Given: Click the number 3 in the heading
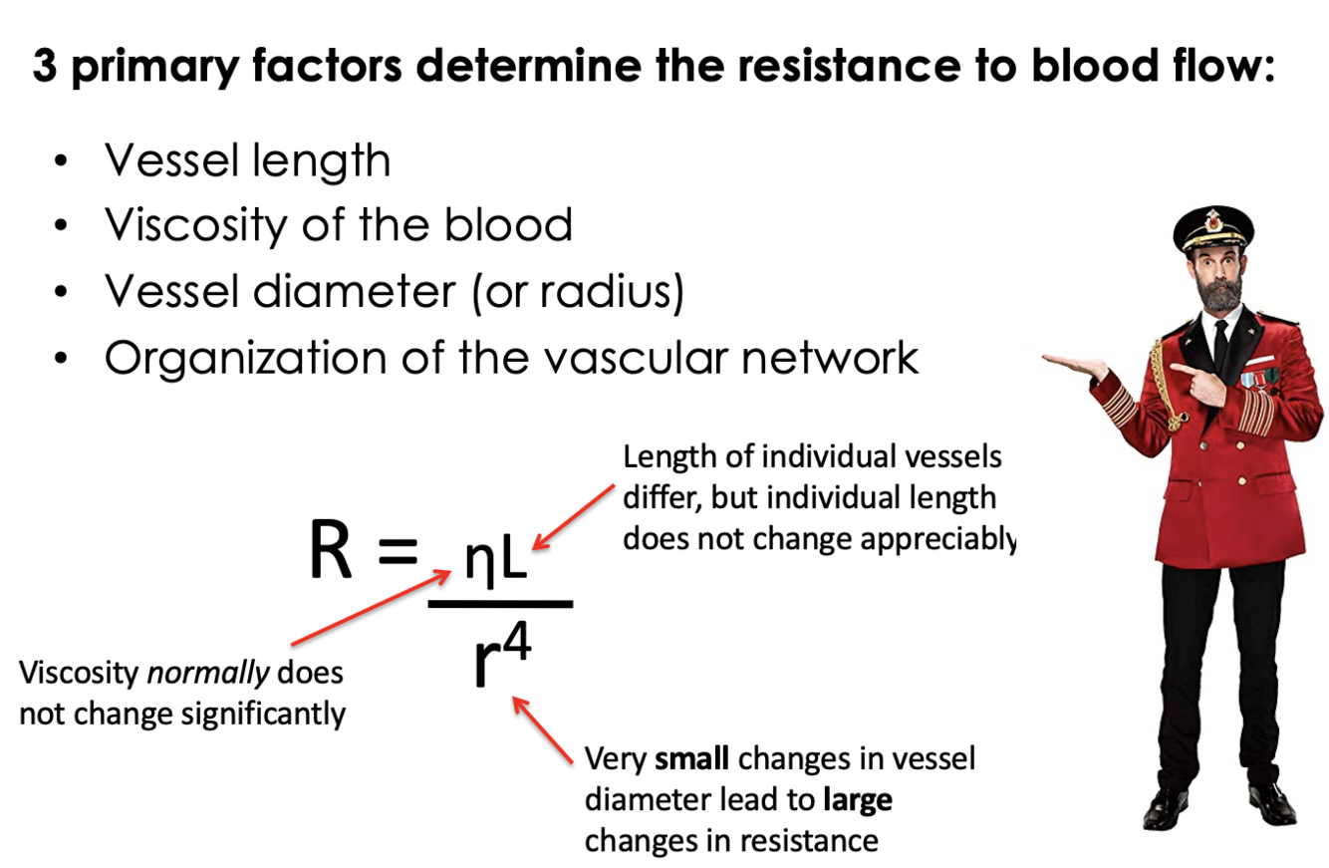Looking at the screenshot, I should click(44, 71).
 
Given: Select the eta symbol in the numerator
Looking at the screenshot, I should click(477, 565).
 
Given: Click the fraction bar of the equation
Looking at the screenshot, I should click(500, 603).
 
